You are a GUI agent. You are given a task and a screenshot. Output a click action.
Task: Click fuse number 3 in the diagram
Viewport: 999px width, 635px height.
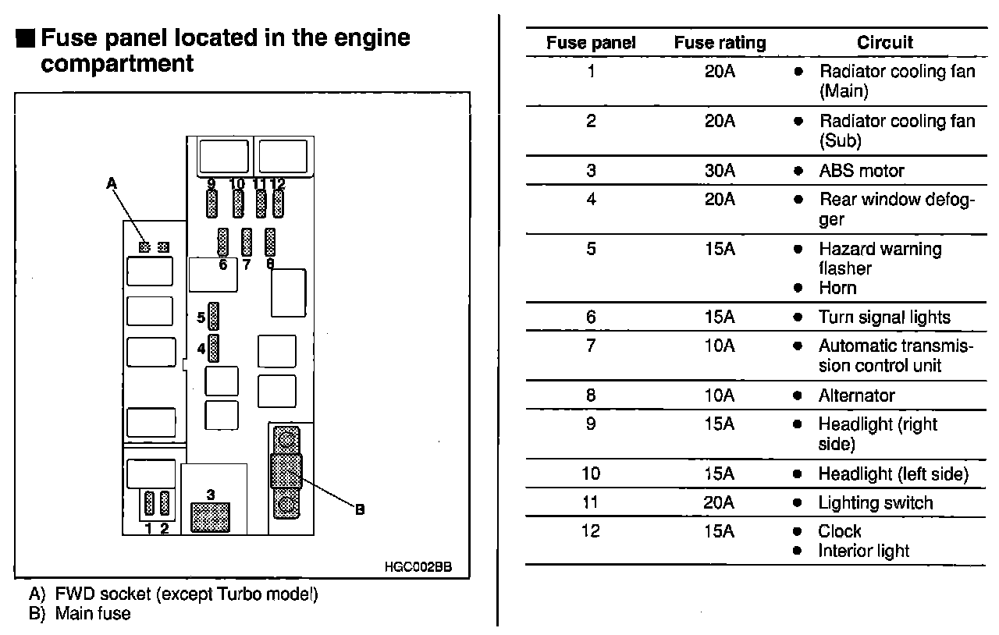[x=210, y=516]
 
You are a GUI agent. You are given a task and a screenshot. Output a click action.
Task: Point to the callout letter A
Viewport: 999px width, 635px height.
[x=112, y=183]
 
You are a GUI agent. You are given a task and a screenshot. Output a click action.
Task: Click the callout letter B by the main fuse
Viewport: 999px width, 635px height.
[x=360, y=509]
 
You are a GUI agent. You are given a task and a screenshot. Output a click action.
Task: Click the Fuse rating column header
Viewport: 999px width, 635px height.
[x=720, y=43]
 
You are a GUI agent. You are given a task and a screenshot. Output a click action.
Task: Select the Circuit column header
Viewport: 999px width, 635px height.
[x=885, y=43]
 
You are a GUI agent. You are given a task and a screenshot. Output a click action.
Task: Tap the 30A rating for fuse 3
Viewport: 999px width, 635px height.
[x=720, y=170]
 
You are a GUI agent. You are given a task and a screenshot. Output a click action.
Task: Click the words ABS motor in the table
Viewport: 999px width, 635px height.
[x=862, y=171]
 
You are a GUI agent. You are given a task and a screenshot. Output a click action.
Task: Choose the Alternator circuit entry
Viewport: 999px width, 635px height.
[x=856, y=396]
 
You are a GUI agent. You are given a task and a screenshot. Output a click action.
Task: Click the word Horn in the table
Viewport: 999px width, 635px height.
[x=837, y=288]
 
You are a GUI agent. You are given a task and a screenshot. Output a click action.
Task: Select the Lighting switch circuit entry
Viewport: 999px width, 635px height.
[x=875, y=503]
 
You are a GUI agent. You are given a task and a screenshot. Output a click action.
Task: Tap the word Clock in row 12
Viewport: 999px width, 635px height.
[x=840, y=531]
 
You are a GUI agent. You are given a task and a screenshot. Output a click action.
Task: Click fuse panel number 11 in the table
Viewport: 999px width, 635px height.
[x=591, y=502]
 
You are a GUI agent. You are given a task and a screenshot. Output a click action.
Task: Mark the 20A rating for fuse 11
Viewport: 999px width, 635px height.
[x=720, y=502]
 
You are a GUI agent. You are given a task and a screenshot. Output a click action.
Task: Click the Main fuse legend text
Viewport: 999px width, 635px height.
[x=93, y=614]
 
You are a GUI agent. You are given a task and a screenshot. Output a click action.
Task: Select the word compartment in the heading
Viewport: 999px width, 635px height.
[x=117, y=63]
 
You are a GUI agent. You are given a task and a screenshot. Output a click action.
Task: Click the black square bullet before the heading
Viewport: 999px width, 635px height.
[x=24, y=38]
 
